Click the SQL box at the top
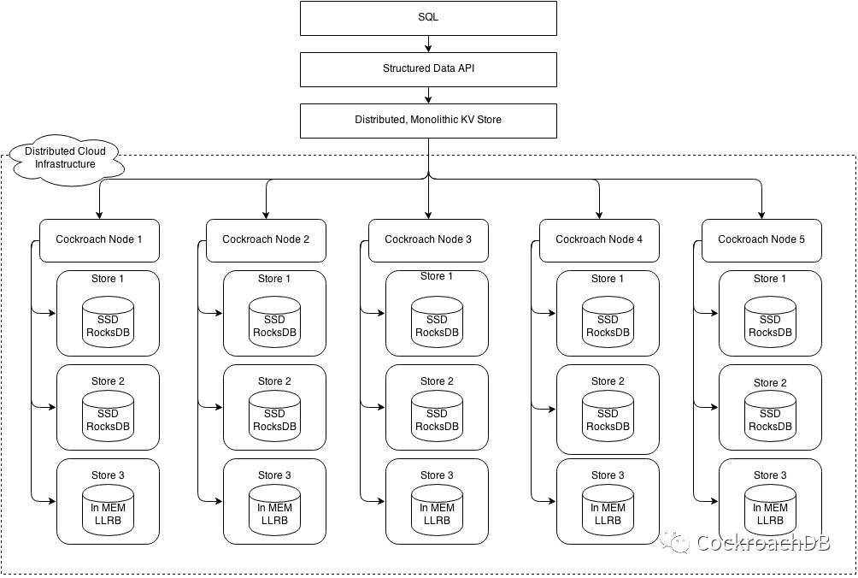click(x=428, y=18)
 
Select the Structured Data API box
click(x=428, y=69)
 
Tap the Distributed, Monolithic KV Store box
click(x=428, y=121)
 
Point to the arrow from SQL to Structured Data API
click(x=428, y=44)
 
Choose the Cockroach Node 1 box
click(x=99, y=241)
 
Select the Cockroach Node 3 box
click(x=428, y=241)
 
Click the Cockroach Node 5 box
click(x=761, y=241)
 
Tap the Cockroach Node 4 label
click(x=599, y=239)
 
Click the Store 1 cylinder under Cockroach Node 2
click(x=274, y=321)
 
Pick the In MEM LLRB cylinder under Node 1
click(x=108, y=510)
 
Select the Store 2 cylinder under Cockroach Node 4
click(x=608, y=416)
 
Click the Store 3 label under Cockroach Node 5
click(x=770, y=475)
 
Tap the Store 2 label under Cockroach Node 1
click(x=108, y=381)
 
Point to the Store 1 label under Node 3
click(x=437, y=276)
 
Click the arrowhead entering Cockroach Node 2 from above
click(x=266, y=215)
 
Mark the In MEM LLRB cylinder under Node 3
click(x=437, y=510)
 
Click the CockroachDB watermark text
click(x=763, y=542)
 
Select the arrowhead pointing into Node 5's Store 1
click(x=714, y=313)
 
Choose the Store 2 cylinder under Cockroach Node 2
click(x=274, y=416)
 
